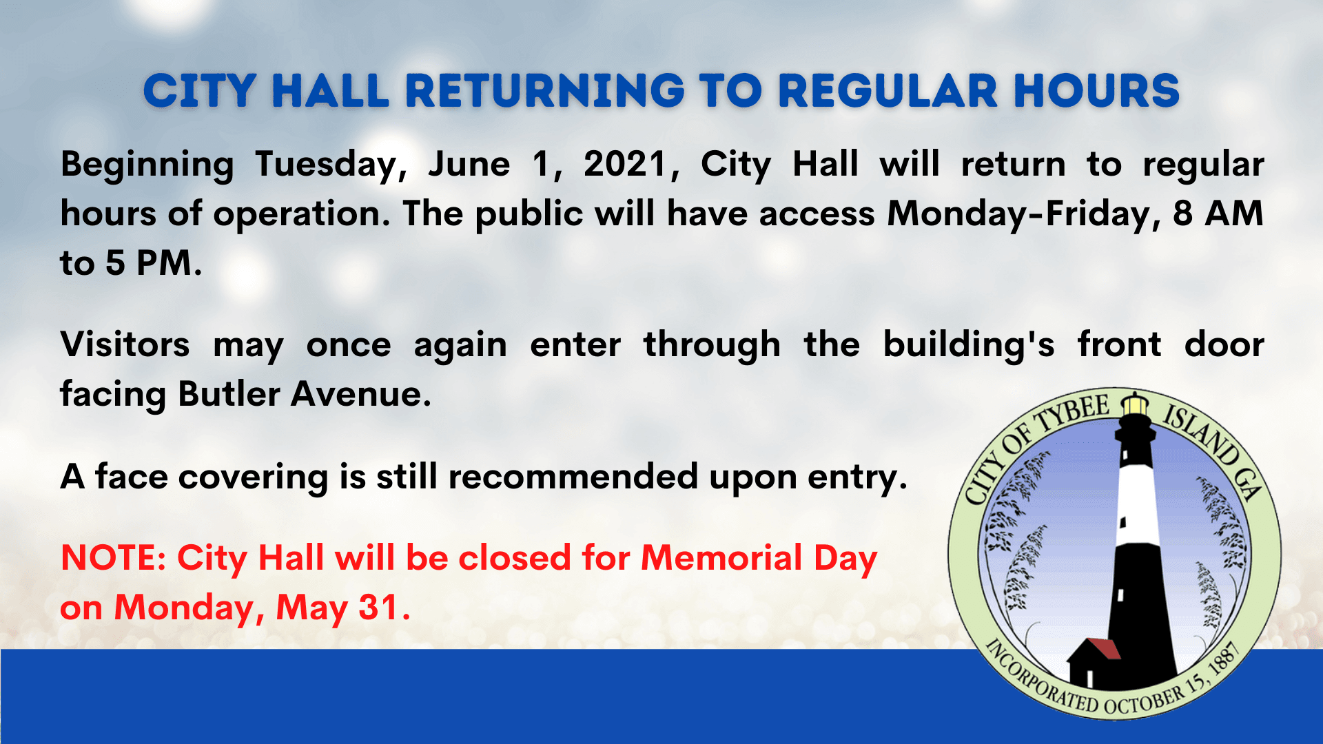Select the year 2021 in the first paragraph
coord(626,165)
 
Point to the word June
coord(469,165)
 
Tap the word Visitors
coord(125,344)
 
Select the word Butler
coord(229,395)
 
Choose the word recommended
coord(573,477)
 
